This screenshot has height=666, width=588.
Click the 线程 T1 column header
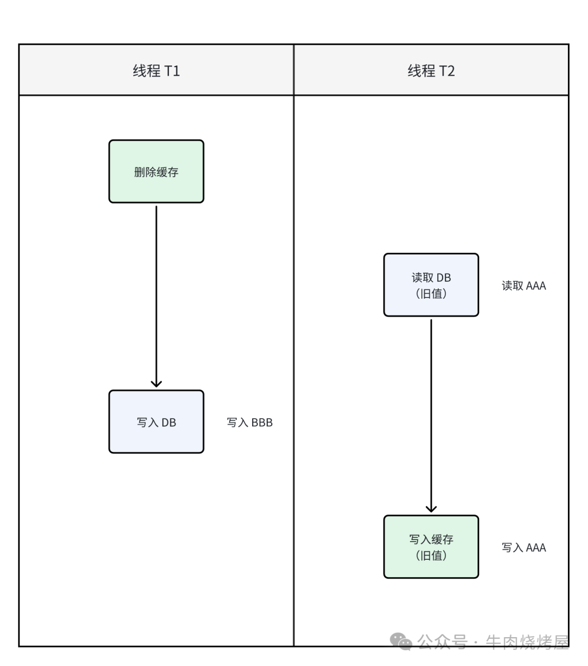(x=156, y=70)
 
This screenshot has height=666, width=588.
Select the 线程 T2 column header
(x=431, y=70)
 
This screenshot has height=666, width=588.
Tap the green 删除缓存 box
(x=156, y=172)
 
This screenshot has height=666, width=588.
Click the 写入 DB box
(x=156, y=422)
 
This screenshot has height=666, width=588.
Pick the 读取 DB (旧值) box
(x=431, y=285)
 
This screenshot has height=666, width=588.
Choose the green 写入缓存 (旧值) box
(x=431, y=547)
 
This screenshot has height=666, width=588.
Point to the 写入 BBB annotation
(x=249, y=422)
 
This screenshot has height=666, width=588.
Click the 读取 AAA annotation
(x=523, y=286)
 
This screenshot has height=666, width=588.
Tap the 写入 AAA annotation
(x=523, y=548)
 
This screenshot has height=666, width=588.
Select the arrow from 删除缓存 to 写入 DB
(x=156, y=294)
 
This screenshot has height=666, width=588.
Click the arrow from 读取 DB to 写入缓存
(x=431, y=414)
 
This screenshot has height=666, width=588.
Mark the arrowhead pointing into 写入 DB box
(x=156, y=384)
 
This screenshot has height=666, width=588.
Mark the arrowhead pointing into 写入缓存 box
(x=431, y=509)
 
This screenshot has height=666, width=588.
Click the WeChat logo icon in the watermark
(x=401, y=641)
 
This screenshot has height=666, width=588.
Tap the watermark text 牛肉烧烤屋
(x=526, y=642)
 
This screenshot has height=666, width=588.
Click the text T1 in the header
(x=172, y=71)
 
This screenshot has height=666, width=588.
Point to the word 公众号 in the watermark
(x=442, y=642)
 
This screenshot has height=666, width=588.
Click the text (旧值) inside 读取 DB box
(x=431, y=294)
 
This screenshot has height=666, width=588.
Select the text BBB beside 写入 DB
(x=262, y=422)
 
